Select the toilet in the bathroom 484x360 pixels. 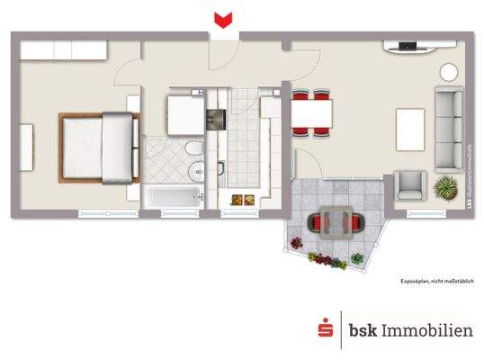tap(192, 148)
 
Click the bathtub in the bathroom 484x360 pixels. tap(173, 197)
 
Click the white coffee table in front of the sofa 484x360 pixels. tap(411, 129)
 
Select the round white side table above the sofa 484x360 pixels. tap(446, 73)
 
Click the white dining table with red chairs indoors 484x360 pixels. tap(312, 113)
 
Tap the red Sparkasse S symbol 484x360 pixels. tap(326, 330)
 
